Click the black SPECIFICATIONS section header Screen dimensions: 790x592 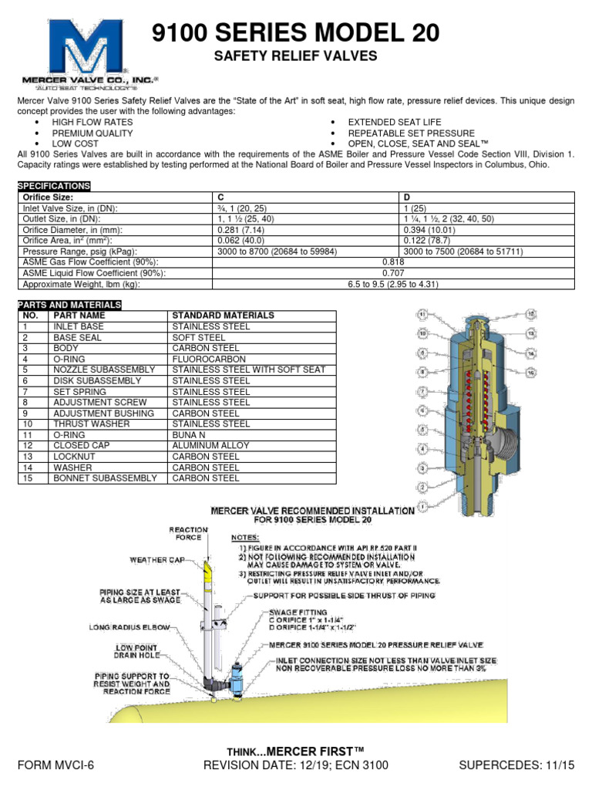(x=53, y=186)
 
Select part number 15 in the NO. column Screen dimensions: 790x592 (x=29, y=478)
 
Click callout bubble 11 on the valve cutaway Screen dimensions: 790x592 (x=422, y=315)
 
